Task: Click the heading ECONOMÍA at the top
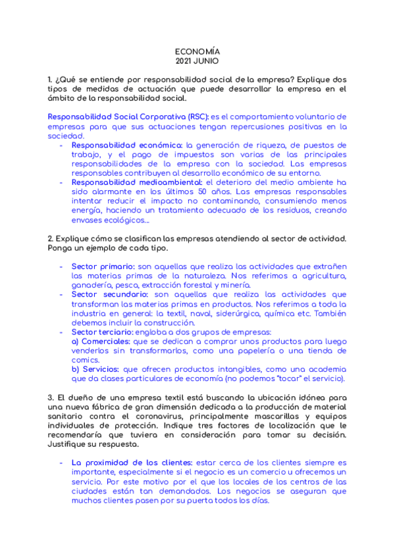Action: point(197,51)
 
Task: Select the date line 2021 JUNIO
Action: point(197,61)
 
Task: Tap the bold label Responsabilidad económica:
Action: point(127,145)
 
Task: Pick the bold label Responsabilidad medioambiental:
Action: point(138,182)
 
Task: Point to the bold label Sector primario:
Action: point(103,266)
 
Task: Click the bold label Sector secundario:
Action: point(110,295)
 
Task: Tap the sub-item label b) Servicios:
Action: point(96,370)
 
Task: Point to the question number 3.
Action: point(51,398)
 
